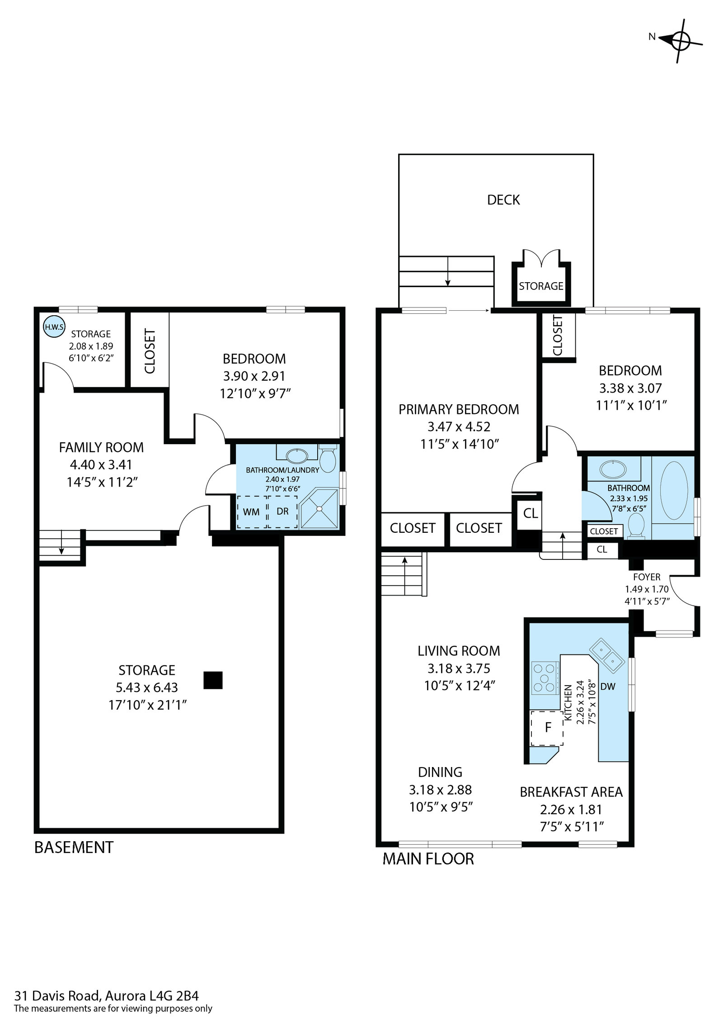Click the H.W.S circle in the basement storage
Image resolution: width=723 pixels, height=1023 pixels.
[54, 327]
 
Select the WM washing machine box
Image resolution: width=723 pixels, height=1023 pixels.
[252, 511]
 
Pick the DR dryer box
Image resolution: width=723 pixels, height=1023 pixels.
[282, 511]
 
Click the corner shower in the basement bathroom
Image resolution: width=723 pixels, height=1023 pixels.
[319, 508]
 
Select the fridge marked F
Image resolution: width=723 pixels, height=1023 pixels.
[547, 728]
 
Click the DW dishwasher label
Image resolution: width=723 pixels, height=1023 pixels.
[608, 687]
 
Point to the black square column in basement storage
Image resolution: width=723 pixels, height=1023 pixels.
[213, 680]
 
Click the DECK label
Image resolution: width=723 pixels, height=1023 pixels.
[503, 200]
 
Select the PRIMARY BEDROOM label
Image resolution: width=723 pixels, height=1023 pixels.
[459, 409]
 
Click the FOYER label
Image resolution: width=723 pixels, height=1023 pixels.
[647, 577]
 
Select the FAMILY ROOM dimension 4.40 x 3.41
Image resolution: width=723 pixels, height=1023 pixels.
[101, 465]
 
